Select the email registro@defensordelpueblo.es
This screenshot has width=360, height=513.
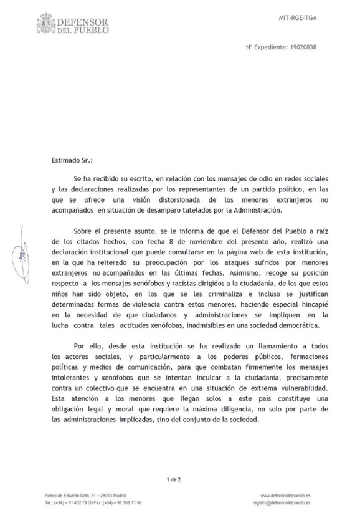282,502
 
